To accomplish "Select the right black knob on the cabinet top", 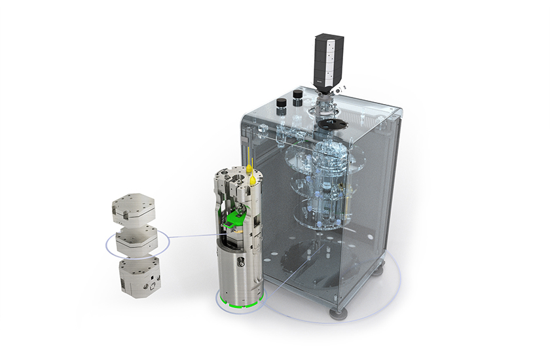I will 298,96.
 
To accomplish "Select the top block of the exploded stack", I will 136,208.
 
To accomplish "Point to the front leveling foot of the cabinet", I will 339,312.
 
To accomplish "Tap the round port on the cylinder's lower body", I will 241,263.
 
